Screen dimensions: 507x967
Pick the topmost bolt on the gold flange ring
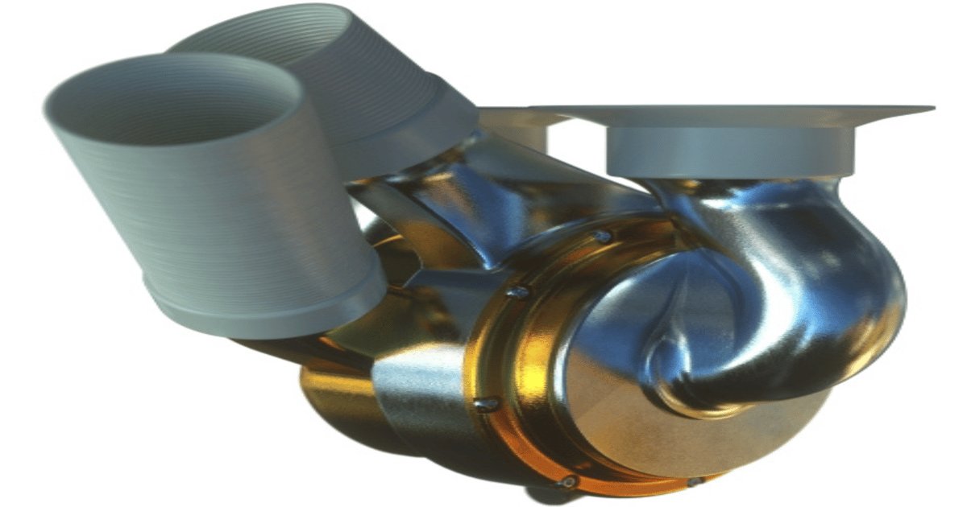[x=600, y=237]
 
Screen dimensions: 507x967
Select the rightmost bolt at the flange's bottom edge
[x=693, y=482]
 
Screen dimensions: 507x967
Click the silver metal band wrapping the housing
[x=419, y=394]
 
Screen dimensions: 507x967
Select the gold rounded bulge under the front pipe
[x=330, y=394]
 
